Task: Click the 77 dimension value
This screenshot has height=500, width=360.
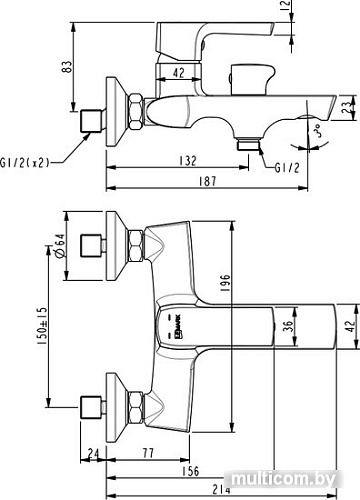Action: coord(147,452)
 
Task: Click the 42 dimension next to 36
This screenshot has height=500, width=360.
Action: coord(346,325)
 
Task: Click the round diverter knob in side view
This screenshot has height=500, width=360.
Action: coord(239,80)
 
